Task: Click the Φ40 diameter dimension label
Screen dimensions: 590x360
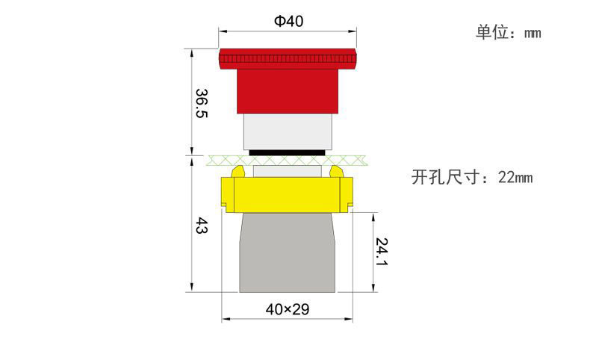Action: (288, 21)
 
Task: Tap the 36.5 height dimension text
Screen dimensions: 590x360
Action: (202, 103)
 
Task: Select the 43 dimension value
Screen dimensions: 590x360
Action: (202, 226)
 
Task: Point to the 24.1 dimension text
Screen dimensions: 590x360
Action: (382, 252)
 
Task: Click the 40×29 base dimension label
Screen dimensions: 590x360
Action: (288, 310)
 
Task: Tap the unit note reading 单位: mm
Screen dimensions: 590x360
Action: (509, 32)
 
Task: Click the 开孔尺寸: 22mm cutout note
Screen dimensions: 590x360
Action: (472, 177)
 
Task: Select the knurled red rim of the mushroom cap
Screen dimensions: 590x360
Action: (288, 59)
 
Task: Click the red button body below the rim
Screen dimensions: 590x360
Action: (288, 91)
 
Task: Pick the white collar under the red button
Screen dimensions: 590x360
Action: (288, 131)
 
